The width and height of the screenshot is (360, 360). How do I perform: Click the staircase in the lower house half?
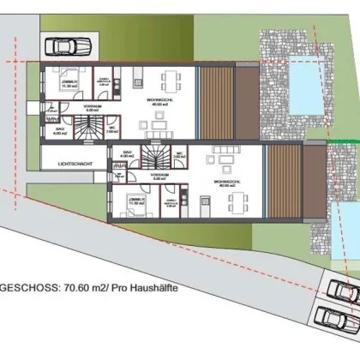(x=156, y=159)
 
